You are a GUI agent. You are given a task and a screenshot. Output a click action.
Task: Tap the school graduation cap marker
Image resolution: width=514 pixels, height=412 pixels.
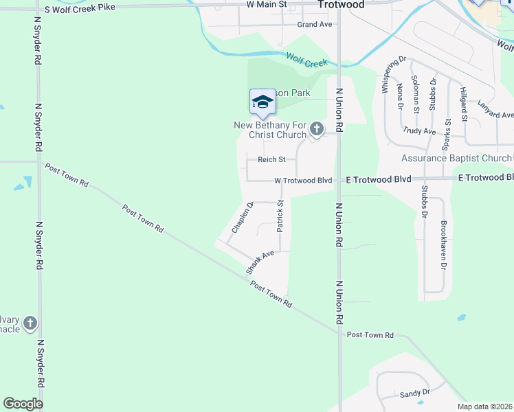[262, 103]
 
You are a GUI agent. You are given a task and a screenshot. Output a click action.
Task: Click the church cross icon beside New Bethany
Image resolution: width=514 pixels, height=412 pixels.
[316, 128]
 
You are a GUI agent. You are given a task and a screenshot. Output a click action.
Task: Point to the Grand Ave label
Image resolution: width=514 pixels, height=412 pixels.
[315, 24]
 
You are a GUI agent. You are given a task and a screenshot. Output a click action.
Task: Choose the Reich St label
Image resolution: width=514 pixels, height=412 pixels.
[271, 160]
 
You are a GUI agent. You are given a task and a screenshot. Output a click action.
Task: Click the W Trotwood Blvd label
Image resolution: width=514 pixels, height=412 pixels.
[303, 181]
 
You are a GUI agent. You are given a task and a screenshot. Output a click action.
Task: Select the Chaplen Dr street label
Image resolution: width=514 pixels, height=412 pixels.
[243, 218]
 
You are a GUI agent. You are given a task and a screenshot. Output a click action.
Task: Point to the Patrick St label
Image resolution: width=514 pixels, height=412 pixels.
[280, 216]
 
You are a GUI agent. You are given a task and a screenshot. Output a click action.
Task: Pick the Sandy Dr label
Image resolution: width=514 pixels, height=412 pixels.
[414, 393]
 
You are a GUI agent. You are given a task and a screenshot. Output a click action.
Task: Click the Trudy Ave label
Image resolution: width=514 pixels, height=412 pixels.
[419, 130]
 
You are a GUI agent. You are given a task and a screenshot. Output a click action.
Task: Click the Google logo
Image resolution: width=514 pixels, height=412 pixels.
[23, 404]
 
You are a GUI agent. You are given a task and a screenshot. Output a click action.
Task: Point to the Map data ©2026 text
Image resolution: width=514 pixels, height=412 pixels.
[484, 407]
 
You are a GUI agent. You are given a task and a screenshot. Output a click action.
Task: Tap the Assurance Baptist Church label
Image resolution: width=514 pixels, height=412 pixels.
[456, 159]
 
